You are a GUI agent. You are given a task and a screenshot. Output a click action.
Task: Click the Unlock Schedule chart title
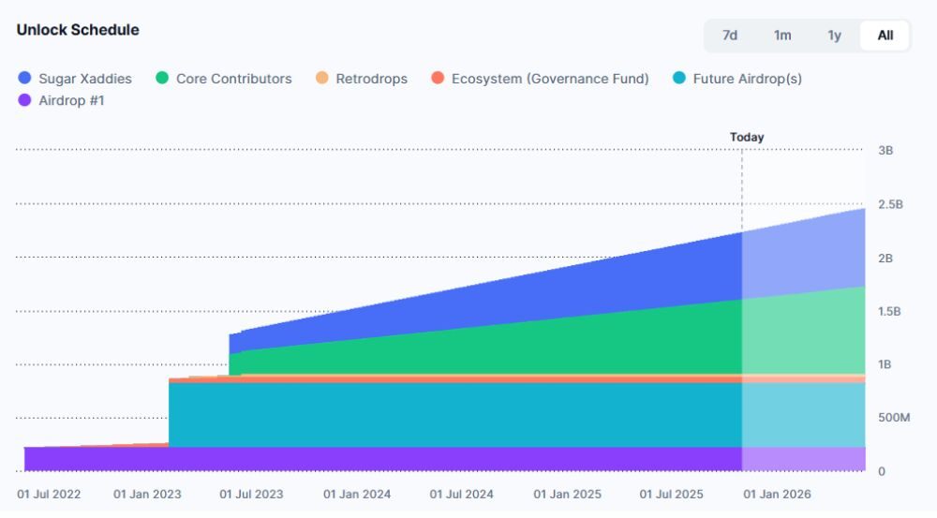(78, 30)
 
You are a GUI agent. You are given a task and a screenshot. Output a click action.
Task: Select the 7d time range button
(730, 36)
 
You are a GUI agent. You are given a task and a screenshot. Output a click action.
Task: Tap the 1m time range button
(782, 36)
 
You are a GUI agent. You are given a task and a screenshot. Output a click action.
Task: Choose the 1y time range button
(834, 36)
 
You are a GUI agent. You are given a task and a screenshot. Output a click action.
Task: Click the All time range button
(885, 36)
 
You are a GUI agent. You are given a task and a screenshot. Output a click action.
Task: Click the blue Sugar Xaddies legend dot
(24, 79)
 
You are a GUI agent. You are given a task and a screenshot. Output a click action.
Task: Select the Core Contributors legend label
(233, 79)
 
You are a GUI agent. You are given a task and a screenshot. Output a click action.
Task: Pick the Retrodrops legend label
(371, 79)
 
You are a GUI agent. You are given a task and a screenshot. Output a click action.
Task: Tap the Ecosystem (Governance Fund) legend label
(550, 79)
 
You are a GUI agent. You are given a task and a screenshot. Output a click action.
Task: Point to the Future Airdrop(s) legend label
(747, 79)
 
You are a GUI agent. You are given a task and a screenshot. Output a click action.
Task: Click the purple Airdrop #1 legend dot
(24, 100)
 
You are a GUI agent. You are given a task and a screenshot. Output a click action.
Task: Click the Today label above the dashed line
(747, 137)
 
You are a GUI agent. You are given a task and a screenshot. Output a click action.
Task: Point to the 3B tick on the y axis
(885, 151)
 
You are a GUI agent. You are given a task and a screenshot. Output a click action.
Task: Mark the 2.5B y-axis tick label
(890, 204)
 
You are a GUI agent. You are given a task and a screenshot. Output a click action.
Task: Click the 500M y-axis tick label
(893, 418)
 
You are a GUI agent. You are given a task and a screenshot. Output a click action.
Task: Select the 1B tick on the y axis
(885, 364)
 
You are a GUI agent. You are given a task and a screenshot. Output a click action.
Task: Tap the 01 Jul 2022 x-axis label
(49, 494)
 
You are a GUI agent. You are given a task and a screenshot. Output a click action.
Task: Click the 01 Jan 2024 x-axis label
(357, 494)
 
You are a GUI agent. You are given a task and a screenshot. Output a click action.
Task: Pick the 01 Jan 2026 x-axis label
(777, 494)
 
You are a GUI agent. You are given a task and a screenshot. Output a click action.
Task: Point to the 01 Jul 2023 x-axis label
(250, 494)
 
